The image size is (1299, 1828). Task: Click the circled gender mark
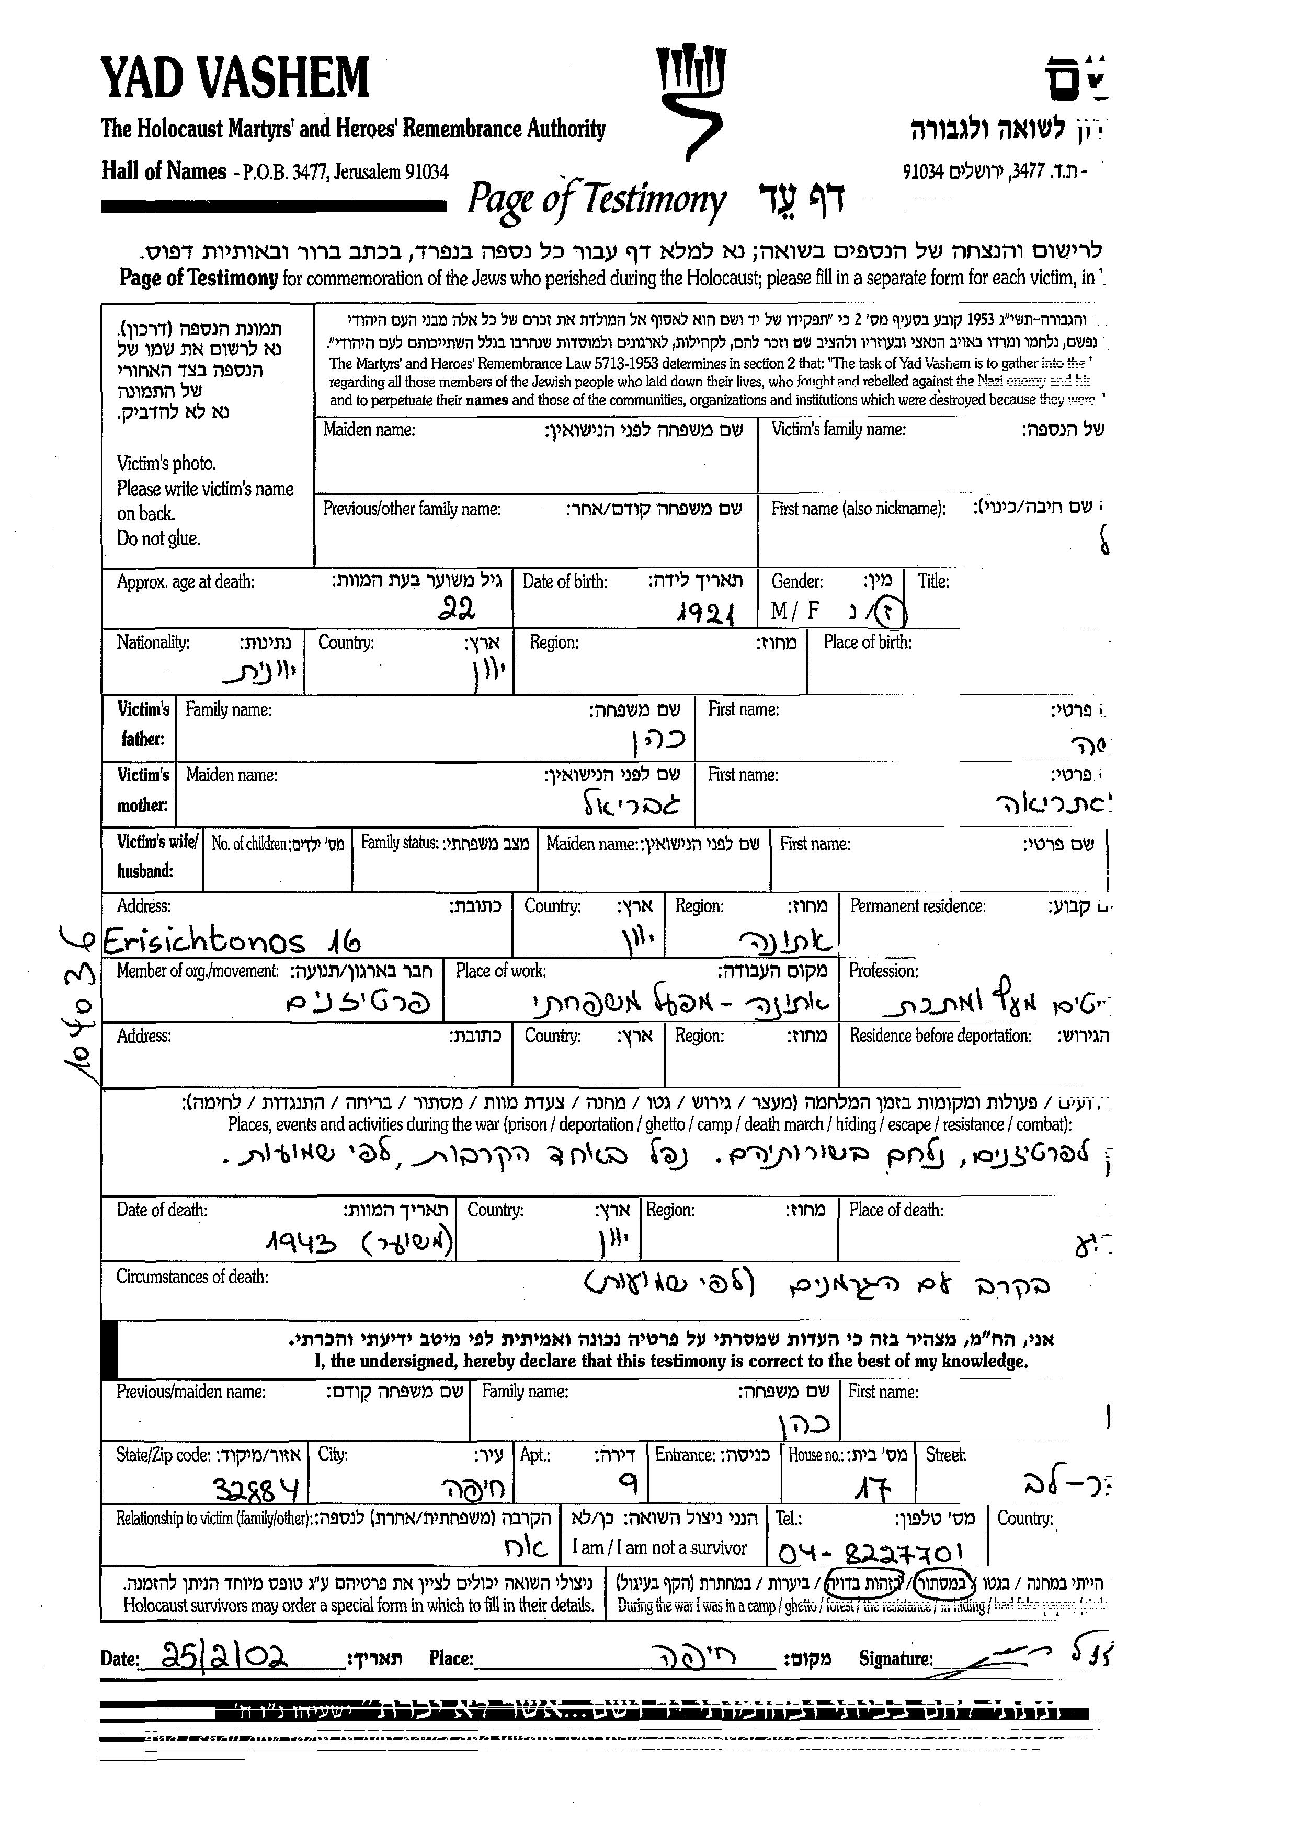(x=888, y=613)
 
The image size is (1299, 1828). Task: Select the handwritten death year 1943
(x=300, y=1242)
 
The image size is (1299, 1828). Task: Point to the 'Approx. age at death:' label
(x=186, y=581)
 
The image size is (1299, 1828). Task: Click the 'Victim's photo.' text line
(x=166, y=463)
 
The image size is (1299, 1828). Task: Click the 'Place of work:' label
(x=501, y=971)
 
